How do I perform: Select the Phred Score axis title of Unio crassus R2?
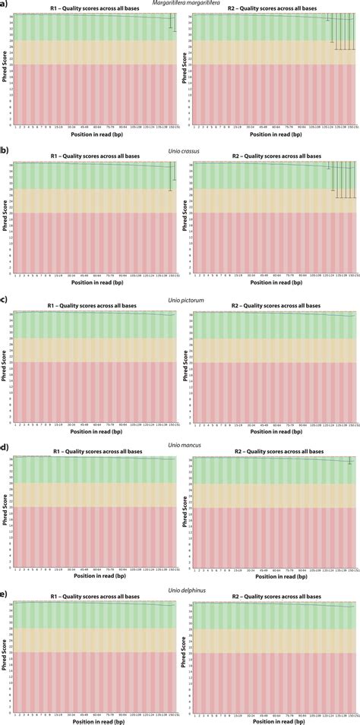tap(184, 216)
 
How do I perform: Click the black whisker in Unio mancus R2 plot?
tap(349, 461)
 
